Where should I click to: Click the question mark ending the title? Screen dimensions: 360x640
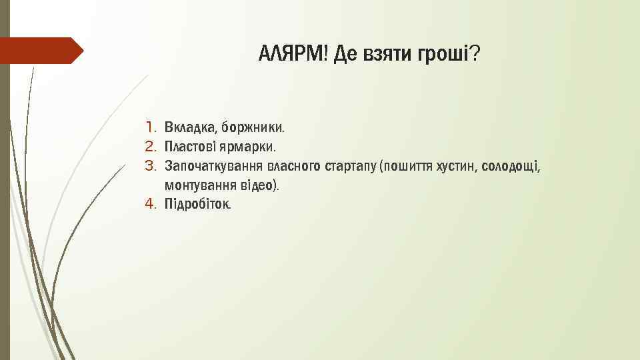[x=474, y=53]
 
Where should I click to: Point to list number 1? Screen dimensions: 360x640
[x=150, y=126]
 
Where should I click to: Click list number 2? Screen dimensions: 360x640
[x=150, y=145]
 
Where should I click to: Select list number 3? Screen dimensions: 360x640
[x=150, y=165]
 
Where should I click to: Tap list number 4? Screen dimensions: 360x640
[x=150, y=203]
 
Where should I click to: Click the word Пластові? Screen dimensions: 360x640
[x=188, y=145]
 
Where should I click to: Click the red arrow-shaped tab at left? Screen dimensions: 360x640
[x=40, y=51]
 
